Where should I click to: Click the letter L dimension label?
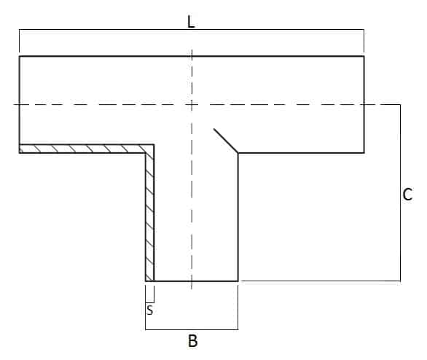191,22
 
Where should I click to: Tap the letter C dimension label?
407,194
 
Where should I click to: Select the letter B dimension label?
193,340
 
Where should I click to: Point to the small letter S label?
150,310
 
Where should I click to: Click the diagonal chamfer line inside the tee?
226,141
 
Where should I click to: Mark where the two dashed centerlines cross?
192,104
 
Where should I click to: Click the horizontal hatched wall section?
87,149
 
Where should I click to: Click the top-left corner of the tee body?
20,56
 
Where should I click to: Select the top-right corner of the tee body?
364,56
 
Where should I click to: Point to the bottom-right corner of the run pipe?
364,153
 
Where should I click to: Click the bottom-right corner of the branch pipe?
238,281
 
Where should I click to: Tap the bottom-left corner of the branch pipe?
146,281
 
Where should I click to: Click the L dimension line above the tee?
192,29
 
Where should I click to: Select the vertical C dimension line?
400,192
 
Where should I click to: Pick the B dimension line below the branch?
192,329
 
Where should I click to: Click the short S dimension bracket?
150,302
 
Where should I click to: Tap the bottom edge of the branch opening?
192,281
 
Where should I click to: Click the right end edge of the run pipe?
364,104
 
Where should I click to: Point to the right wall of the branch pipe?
238,216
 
